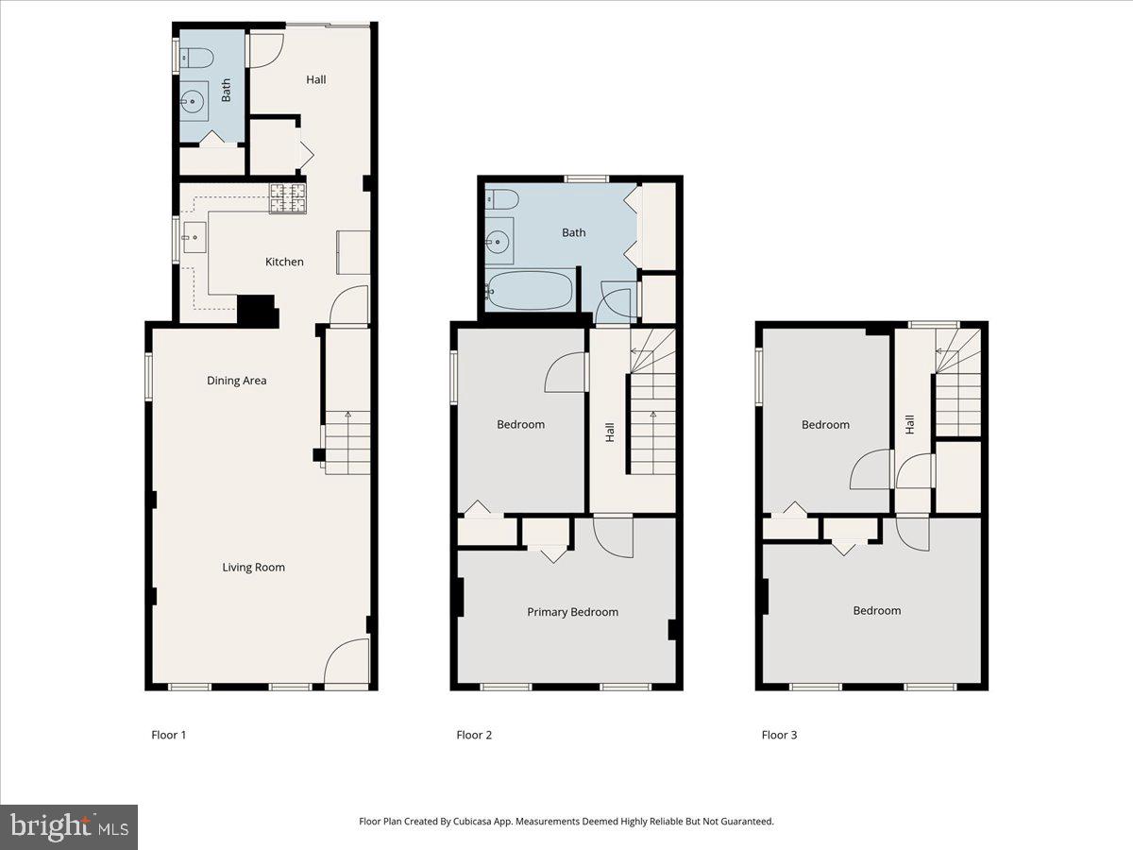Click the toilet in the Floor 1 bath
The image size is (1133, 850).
coord(196,59)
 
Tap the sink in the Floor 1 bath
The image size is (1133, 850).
coord(195,98)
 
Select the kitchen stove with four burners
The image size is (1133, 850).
coord(288,198)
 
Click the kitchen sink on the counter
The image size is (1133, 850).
coord(194,236)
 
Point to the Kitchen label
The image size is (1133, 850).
coord(284,262)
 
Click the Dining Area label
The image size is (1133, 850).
coord(237,381)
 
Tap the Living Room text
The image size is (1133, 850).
coord(253,568)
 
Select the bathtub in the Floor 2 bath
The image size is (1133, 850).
coord(530,291)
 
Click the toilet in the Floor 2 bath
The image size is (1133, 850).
coord(500,199)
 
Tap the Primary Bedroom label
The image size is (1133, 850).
coord(572,612)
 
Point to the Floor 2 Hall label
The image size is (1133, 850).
coord(610,433)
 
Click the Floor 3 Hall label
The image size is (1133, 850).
coord(909,425)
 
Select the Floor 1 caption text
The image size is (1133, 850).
coord(169,735)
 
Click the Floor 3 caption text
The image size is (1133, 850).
coord(780,735)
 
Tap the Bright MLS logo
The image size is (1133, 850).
coord(69,827)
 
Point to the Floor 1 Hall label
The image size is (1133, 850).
coord(316,79)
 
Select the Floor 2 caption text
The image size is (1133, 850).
coord(474,735)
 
